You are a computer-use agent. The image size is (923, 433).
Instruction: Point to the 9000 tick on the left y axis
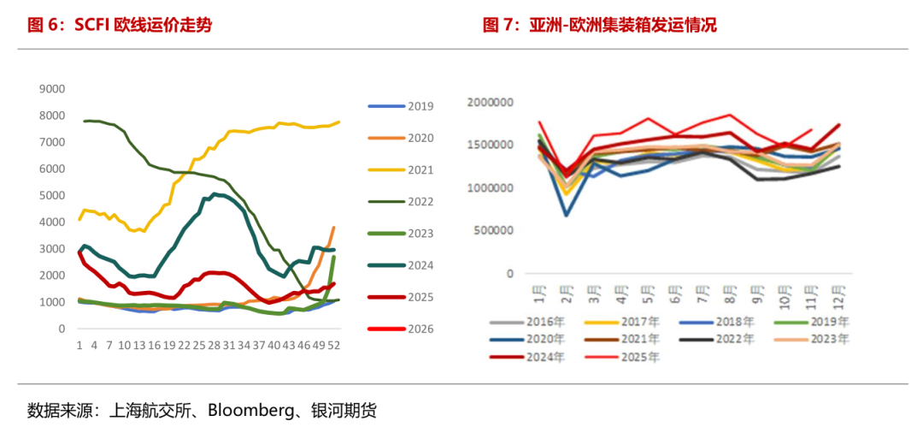pyautogui.click(x=53, y=88)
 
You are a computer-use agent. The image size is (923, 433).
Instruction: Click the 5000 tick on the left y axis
pyautogui.click(x=53, y=195)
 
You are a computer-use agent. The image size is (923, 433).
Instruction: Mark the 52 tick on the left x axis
pyautogui.click(x=334, y=346)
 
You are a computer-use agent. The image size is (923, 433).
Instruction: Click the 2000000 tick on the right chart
pyautogui.click(x=490, y=103)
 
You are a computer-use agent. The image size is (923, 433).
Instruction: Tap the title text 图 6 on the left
pyautogui.click(x=46, y=26)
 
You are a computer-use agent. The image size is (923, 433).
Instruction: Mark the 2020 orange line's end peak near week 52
pyautogui.click(x=333, y=228)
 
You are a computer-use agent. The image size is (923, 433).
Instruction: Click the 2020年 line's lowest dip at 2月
pyautogui.click(x=567, y=215)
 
